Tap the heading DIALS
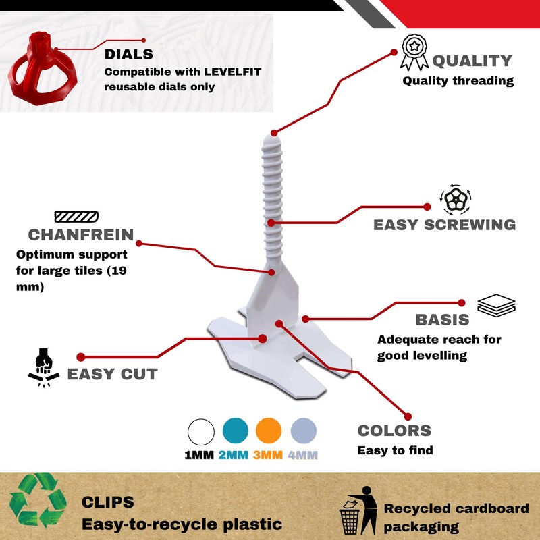pos(128,54)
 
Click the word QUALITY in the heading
pos(472,60)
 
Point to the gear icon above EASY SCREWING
pos(456,199)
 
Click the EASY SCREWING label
pos(444,225)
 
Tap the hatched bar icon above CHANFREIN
pos(76,217)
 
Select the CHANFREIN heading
pos(80,235)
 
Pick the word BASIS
pos(442,320)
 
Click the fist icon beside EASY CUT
pos(42,364)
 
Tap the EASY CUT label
pos(112,374)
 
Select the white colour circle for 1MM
pos(200,431)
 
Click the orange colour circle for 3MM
pos(269,431)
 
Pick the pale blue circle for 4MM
pos(303,431)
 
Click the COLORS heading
pos(394,431)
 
